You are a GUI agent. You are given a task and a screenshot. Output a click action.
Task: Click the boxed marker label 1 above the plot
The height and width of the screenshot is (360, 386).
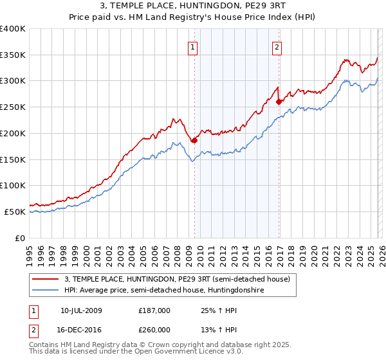194,46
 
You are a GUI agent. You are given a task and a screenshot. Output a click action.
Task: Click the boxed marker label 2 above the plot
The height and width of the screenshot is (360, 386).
277,46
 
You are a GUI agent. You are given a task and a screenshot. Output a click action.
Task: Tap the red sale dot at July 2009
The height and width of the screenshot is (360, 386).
194,139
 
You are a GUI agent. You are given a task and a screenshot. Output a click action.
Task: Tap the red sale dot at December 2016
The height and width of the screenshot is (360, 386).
279,102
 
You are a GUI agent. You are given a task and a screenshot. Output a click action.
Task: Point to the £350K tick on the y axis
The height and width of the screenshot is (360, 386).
13,55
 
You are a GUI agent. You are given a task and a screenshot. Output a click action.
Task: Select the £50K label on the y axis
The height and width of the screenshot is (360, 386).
15,212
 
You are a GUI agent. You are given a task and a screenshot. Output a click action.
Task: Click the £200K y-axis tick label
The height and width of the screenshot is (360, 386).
13,133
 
